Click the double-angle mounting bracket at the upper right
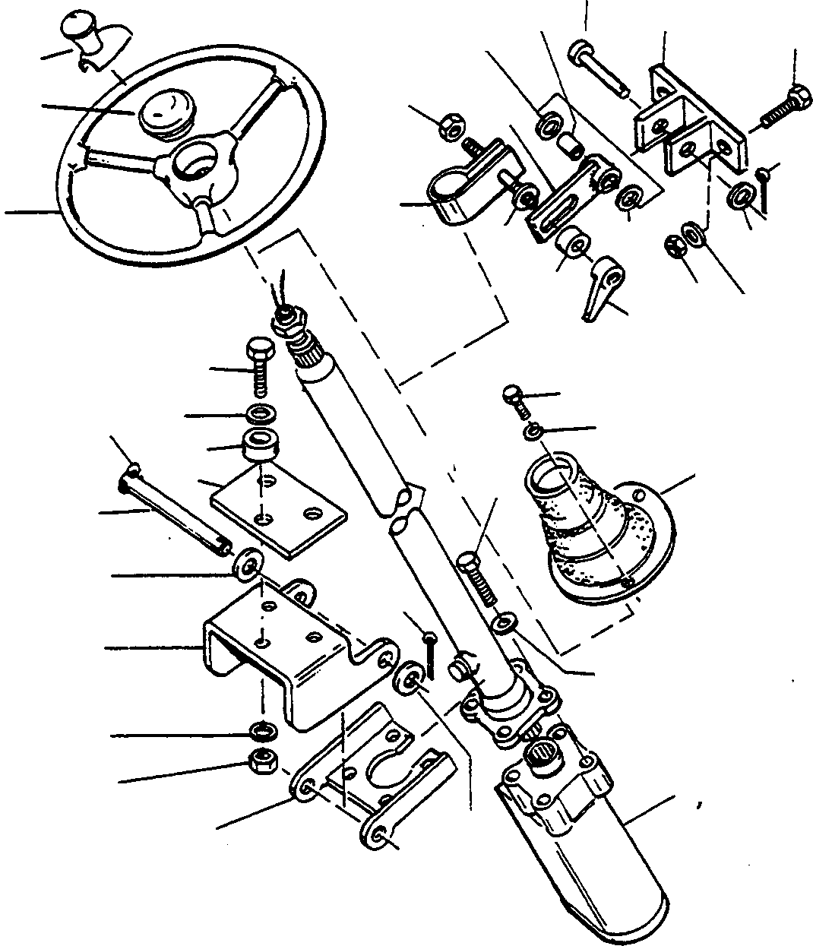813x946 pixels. (688, 129)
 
